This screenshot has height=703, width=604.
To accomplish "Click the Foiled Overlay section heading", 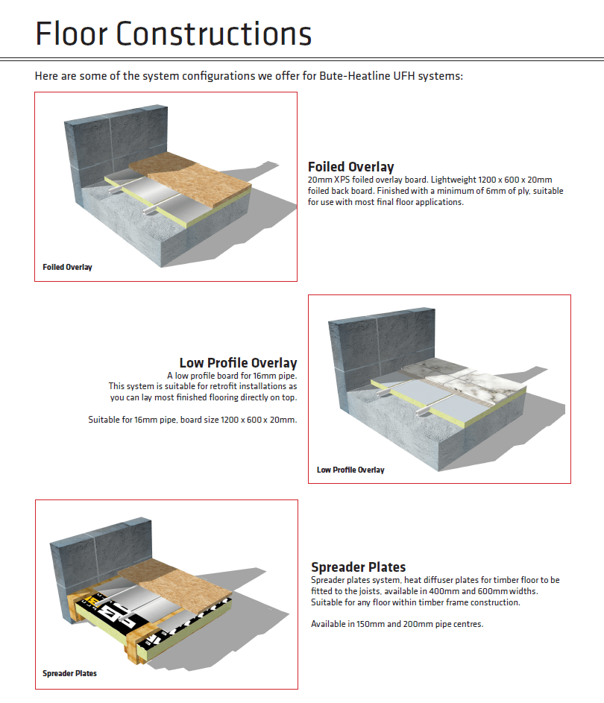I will click(x=350, y=167).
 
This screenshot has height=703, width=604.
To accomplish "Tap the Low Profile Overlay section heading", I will click(x=238, y=363).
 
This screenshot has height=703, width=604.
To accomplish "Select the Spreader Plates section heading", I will click(x=358, y=567).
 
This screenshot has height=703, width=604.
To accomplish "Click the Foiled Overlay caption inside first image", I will click(x=67, y=267).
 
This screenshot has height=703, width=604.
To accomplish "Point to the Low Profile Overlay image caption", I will click(x=350, y=470).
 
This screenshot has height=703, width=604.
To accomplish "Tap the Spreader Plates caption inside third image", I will click(x=69, y=673).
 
